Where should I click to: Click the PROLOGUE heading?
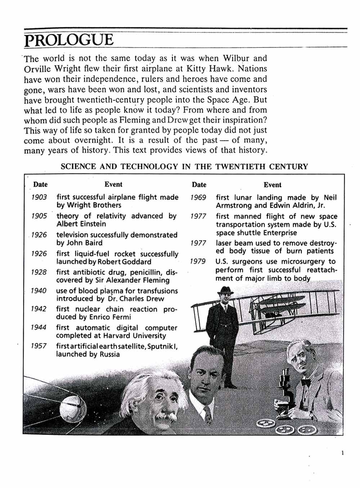click(x=69, y=40)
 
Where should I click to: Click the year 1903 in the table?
click(x=39, y=197)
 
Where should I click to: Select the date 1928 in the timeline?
click(x=39, y=272)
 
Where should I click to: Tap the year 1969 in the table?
click(x=198, y=198)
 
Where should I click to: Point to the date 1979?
click(x=198, y=261)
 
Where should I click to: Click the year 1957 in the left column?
click(x=39, y=346)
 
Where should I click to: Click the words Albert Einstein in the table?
click(x=81, y=224)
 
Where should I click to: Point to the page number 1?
click(x=342, y=453)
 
